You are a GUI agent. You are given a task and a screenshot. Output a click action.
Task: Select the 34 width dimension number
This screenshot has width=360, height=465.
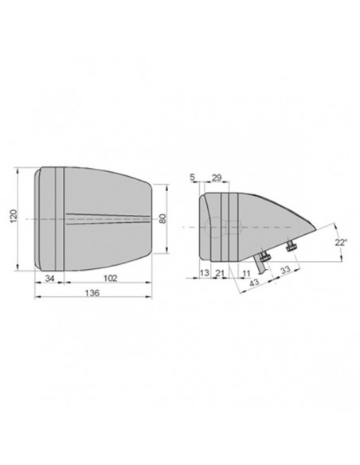click(49, 279)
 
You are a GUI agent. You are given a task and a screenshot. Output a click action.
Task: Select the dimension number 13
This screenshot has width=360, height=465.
click(203, 273)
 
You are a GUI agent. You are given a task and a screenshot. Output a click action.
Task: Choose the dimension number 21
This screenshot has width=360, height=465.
click(219, 273)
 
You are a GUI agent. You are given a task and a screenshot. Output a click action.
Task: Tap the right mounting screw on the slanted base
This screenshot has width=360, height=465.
click(292, 248)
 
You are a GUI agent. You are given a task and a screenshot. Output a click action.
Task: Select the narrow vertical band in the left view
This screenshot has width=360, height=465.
click(57, 219)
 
